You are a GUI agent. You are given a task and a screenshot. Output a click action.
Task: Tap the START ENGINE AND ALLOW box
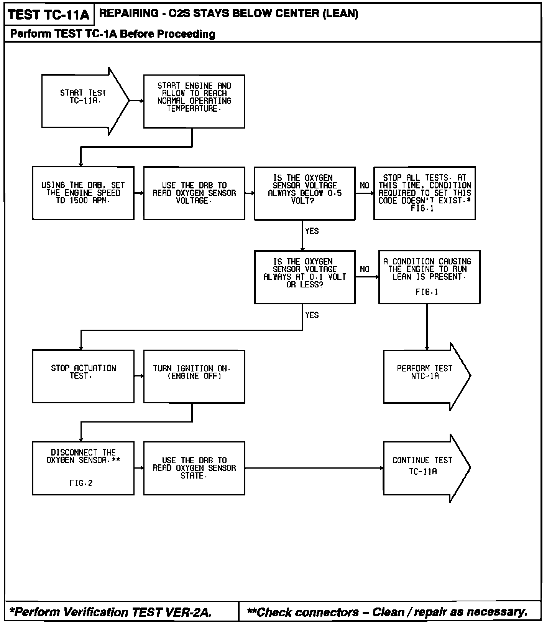[x=194, y=101]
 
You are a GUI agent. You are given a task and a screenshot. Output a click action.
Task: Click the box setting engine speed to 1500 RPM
[x=83, y=193]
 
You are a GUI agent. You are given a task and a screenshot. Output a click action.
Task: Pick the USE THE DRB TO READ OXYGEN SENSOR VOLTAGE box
[x=194, y=193]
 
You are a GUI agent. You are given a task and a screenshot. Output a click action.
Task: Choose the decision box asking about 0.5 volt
[x=305, y=193]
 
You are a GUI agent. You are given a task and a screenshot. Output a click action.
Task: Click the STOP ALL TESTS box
[x=424, y=193]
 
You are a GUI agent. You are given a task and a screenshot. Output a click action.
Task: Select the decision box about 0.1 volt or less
[x=305, y=277]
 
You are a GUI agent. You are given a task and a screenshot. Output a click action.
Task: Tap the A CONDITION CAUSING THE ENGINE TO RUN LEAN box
[x=429, y=277]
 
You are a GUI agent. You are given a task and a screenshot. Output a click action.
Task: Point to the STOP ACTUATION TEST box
[x=83, y=376]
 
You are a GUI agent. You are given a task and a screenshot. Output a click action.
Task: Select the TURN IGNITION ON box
[x=194, y=376]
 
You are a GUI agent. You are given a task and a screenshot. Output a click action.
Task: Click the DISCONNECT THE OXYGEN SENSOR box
[x=83, y=468]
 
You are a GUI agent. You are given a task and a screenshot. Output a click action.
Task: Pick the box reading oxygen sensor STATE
[x=194, y=468]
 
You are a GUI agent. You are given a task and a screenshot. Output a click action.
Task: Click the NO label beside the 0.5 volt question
[x=365, y=186]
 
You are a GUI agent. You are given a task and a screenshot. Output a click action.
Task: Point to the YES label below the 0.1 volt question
[x=312, y=315]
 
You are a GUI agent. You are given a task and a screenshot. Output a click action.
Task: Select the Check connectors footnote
[x=387, y=612]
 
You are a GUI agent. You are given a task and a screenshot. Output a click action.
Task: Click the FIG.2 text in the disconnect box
[x=81, y=483]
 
